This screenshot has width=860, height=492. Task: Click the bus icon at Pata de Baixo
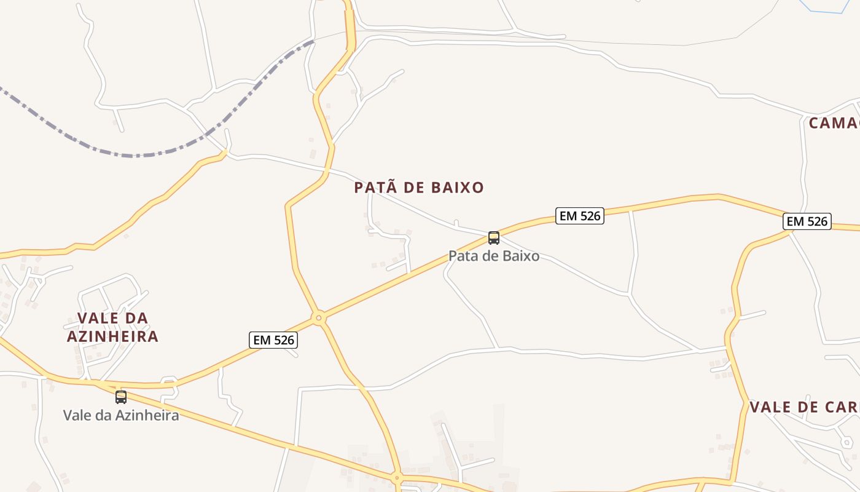[x=493, y=237]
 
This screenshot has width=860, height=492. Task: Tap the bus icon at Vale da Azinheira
[x=121, y=397]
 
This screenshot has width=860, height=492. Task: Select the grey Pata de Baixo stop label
[x=494, y=256]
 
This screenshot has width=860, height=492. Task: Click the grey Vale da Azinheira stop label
[x=121, y=415]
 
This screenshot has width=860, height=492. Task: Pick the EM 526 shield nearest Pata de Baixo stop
[x=580, y=216]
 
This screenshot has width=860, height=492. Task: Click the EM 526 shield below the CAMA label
[x=807, y=221]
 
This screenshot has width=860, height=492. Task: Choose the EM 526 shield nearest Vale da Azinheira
[x=273, y=340]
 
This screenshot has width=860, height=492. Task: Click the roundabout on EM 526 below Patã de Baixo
[x=318, y=318]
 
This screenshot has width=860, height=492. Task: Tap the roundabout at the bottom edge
[x=397, y=477]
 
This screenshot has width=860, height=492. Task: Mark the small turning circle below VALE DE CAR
[x=847, y=442]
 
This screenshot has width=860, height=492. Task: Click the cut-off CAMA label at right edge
[x=834, y=123]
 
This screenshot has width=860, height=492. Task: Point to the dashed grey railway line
[x=141, y=153]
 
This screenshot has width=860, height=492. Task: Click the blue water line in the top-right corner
[x=826, y=10]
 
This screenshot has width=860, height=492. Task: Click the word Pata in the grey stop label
[x=463, y=256]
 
